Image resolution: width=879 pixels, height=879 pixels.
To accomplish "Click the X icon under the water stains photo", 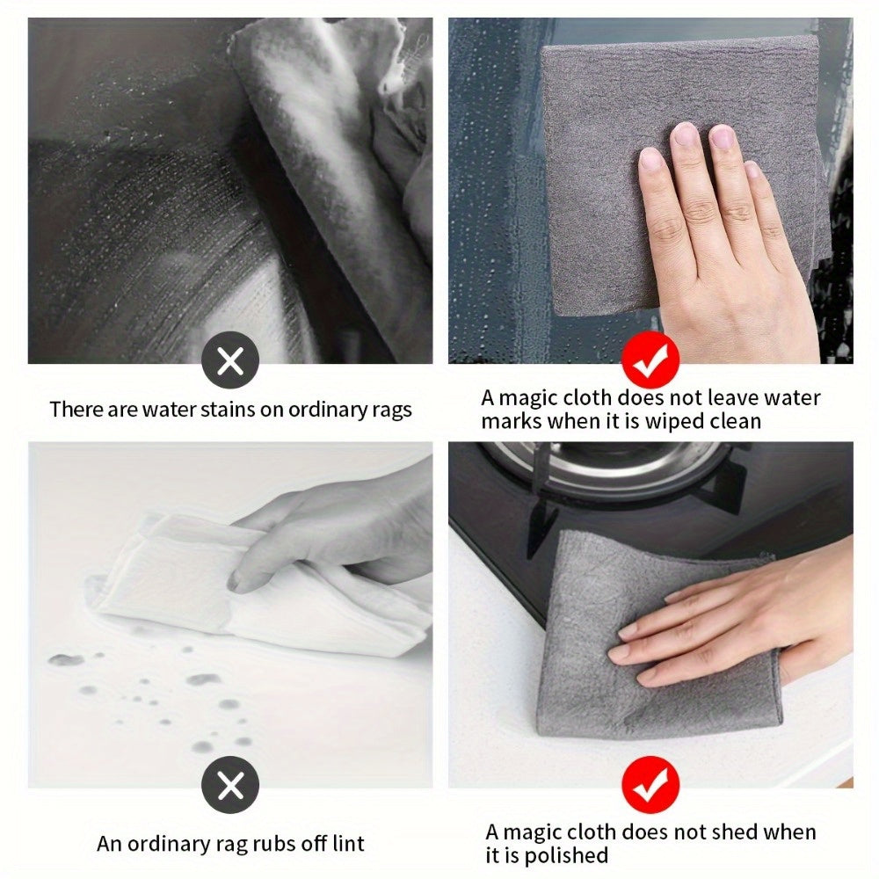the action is [x=230, y=360].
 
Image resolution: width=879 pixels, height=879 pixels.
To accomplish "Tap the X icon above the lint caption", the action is [x=230, y=784].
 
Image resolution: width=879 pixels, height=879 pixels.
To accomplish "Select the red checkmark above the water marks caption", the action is [x=650, y=360].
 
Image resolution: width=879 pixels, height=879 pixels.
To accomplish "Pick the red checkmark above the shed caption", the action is [x=650, y=784].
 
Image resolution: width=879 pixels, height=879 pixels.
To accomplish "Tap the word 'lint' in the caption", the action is [x=348, y=843].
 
